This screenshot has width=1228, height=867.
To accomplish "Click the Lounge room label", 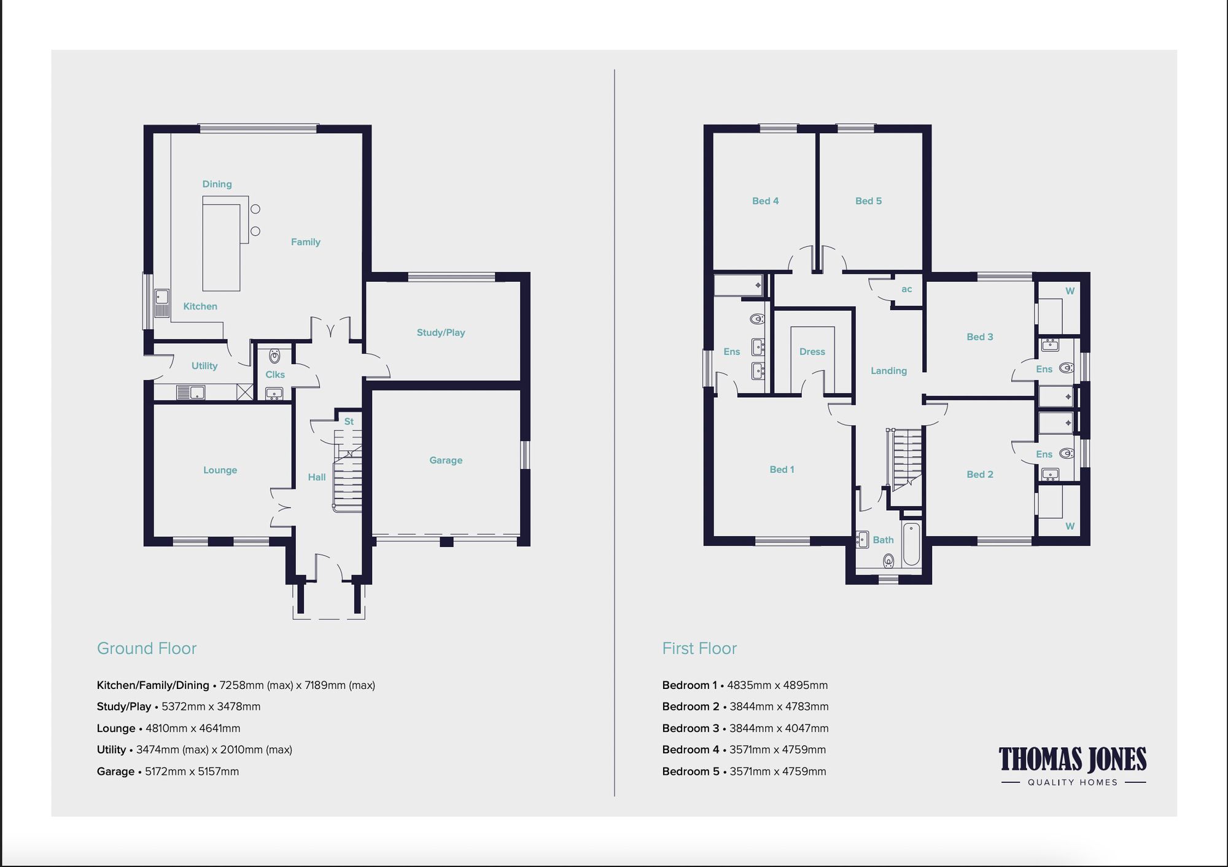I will pyautogui.click(x=220, y=470).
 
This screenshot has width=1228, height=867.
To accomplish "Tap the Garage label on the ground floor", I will pyautogui.click(x=446, y=461).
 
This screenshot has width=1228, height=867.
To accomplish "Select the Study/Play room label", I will pyautogui.click(x=440, y=333).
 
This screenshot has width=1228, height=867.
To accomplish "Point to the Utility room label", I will pyautogui.click(x=204, y=366).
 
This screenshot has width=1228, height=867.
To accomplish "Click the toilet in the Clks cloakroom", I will pyautogui.click(x=274, y=356).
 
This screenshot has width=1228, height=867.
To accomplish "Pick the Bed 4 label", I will pyautogui.click(x=765, y=201).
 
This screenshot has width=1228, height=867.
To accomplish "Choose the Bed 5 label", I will pyautogui.click(x=868, y=201).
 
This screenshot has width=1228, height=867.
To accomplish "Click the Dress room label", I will pyautogui.click(x=812, y=352).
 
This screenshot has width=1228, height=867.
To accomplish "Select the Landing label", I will pyautogui.click(x=888, y=371).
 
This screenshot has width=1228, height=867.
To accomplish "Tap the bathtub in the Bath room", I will pyautogui.click(x=911, y=544).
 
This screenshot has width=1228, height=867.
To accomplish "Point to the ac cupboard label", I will pyautogui.click(x=906, y=289).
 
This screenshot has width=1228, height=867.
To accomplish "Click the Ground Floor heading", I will pyautogui.click(x=147, y=648).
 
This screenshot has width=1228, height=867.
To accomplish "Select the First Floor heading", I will pyautogui.click(x=699, y=648).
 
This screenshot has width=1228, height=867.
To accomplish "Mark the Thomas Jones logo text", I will pyautogui.click(x=1072, y=760).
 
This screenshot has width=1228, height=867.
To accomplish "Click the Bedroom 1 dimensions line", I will pyautogui.click(x=745, y=685).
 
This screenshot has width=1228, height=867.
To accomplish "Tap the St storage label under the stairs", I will pyautogui.click(x=349, y=422).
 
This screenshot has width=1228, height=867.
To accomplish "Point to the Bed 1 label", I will pyautogui.click(x=782, y=470).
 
